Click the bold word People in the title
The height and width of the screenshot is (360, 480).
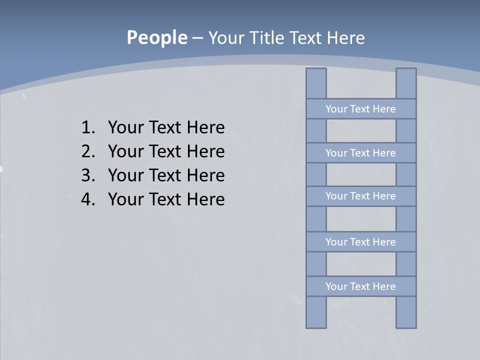click(x=156, y=37)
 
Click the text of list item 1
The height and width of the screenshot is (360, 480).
click(x=166, y=127)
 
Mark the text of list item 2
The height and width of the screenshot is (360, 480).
click(x=166, y=151)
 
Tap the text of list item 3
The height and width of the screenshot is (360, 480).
click(x=166, y=175)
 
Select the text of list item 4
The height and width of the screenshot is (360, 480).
click(x=166, y=199)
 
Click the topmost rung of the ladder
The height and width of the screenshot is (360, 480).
click(x=360, y=109)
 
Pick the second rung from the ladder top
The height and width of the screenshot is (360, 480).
click(x=360, y=153)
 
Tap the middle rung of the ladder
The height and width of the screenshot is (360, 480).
click(x=360, y=196)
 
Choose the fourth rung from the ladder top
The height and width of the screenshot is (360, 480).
click(x=360, y=242)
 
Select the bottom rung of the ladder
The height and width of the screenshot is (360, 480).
click(x=360, y=286)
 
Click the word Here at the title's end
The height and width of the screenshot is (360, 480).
click(x=345, y=38)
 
